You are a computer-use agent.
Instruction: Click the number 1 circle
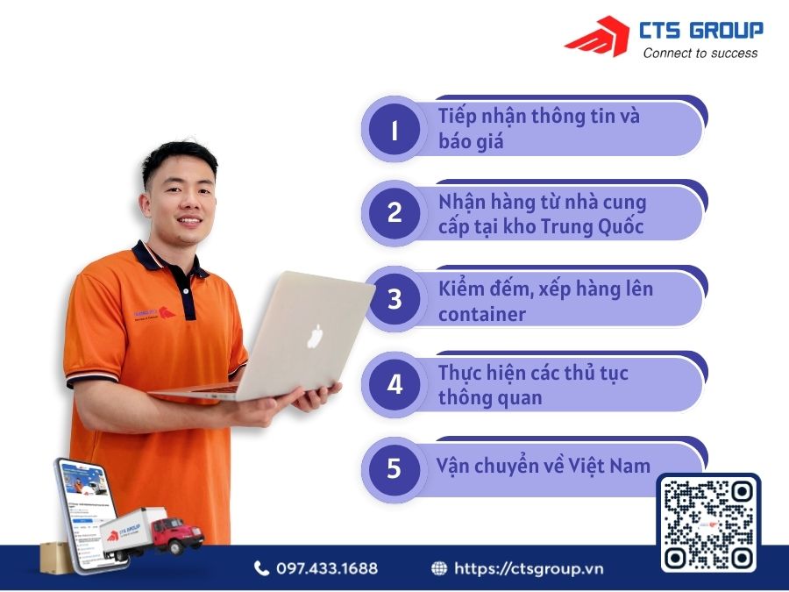pos(394,130)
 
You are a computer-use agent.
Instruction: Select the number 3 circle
pos(394,299)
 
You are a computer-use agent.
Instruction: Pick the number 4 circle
pos(394,384)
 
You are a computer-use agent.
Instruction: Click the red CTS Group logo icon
pos(596,37)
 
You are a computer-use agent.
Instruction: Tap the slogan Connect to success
pos(700,53)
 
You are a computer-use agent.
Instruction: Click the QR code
pos(709,524)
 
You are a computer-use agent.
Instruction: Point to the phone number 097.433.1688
pos(327,568)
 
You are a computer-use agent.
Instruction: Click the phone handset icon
pos(261,568)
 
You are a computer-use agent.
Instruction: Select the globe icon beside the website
pos(439,568)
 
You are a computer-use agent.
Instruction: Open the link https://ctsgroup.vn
pos(529,568)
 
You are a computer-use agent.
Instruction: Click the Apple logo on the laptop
pos(316,336)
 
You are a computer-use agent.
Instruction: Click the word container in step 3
pos(481,313)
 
